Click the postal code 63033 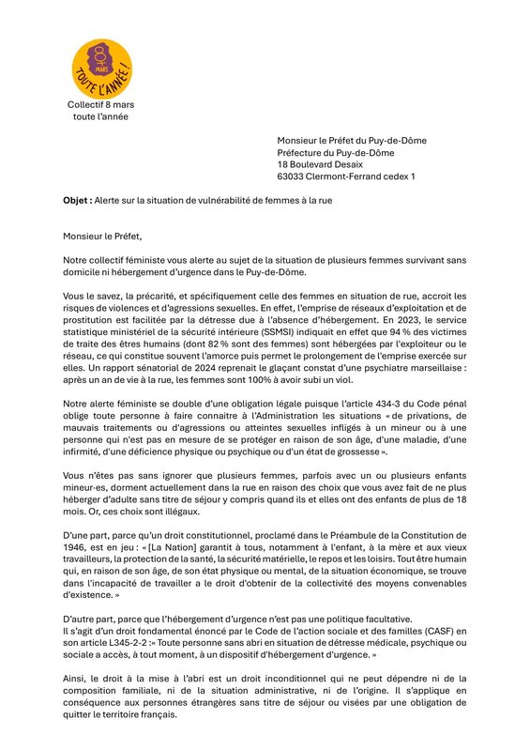click(x=293, y=176)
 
